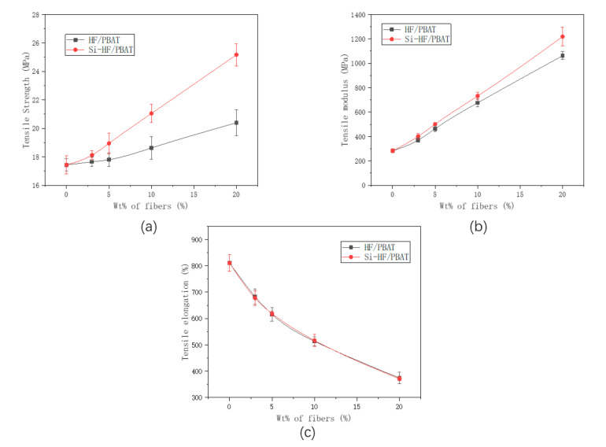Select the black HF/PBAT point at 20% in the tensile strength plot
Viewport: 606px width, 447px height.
[x=237, y=123]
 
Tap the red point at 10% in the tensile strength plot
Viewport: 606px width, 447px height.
[x=151, y=113]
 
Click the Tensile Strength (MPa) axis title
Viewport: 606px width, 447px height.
[x=26, y=100]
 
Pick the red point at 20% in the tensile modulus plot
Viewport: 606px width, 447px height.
[x=562, y=37]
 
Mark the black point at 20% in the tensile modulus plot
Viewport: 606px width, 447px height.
[x=562, y=56]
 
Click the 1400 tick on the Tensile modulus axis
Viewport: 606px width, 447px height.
[x=368, y=15]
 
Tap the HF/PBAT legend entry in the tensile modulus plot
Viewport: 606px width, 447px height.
[x=415, y=29]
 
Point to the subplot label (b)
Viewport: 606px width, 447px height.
[x=476, y=226]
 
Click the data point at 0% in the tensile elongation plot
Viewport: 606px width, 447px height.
[x=229, y=263]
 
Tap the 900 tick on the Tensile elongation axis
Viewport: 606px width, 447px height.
[x=209, y=239]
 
